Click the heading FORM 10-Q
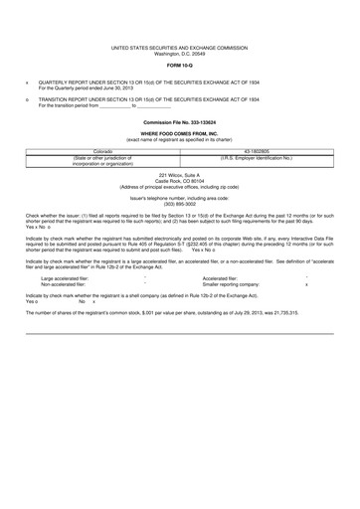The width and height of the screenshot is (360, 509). (x=180, y=66)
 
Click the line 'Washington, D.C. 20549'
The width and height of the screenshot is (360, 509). (x=180, y=53)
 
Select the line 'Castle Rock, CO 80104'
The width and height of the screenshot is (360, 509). (x=180, y=181)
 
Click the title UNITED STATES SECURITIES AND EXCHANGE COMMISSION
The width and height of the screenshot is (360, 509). (x=180, y=47)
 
